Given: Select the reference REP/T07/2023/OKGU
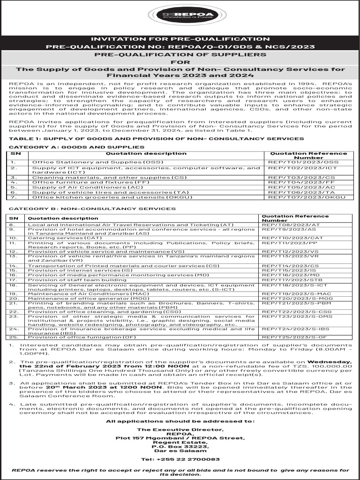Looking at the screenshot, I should (x=306, y=197).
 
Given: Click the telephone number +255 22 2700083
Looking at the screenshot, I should (x=180, y=459).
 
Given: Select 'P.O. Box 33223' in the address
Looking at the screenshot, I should (x=180, y=447).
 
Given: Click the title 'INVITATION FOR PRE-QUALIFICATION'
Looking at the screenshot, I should (x=180, y=39).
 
